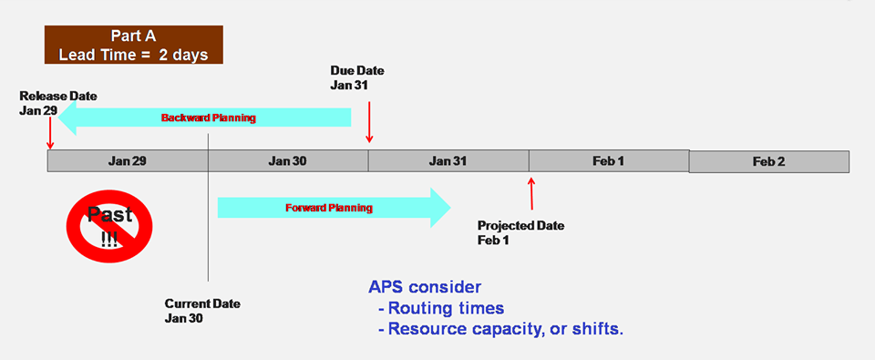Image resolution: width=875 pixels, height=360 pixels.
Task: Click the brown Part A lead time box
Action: (x=133, y=45)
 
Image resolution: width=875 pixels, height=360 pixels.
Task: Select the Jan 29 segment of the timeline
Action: (x=127, y=161)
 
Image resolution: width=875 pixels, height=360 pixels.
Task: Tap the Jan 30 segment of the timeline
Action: (x=287, y=161)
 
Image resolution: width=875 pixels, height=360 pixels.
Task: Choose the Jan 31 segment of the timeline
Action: (x=448, y=161)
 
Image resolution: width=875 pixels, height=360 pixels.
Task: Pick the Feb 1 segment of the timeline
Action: (x=608, y=161)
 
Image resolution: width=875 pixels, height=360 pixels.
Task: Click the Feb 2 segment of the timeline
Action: (x=768, y=161)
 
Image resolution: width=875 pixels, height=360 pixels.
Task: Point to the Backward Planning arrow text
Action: (x=209, y=118)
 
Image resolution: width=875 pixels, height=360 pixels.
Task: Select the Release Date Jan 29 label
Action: (x=57, y=103)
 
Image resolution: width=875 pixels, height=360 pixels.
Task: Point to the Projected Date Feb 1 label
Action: (x=520, y=232)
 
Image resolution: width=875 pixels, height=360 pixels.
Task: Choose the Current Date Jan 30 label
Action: (x=202, y=311)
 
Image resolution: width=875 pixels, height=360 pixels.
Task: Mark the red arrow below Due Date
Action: (x=368, y=122)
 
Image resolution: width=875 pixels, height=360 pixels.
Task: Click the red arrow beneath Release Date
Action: (x=50, y=133)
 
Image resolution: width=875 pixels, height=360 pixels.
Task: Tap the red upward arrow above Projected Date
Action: (x=531, y=194)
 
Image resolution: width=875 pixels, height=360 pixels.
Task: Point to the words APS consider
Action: (x=425, y=286)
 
